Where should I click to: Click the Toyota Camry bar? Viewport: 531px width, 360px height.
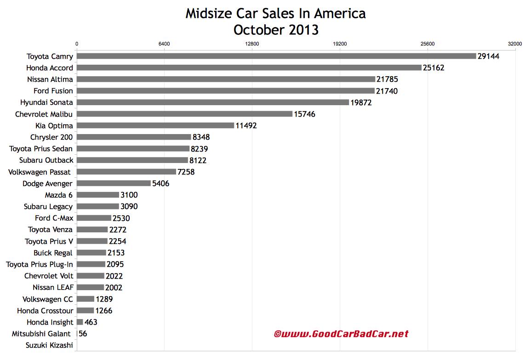tap(276, 56)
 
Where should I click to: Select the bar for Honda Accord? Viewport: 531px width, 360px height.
tap(249, 67)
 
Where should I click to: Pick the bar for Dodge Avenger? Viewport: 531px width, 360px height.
tap(114, 183)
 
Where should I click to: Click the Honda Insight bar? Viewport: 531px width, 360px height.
tap(80, 322)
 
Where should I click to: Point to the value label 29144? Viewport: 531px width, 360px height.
tap(488, 56)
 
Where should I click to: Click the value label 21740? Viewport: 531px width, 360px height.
tap(387, 91)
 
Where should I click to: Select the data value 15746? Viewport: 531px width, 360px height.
tap(304, 114)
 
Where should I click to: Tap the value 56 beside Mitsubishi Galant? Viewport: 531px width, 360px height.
tap(83, 334)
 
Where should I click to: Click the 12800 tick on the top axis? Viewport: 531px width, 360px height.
tap(252, 44)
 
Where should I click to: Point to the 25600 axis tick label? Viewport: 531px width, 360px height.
tap(428, 44)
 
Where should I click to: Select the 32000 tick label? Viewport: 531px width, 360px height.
tap(515, 44)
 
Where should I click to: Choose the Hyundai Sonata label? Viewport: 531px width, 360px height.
tap(46, 102)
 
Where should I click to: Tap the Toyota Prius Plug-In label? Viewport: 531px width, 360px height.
tap(40, 264)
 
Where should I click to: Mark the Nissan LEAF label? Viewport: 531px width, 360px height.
tap(53, 287)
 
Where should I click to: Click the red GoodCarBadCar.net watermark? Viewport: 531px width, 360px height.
tap(341, 334)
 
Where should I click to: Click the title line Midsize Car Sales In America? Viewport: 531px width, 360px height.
tap(275, 14)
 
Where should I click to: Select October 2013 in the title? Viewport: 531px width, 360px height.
tap(275, 30)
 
